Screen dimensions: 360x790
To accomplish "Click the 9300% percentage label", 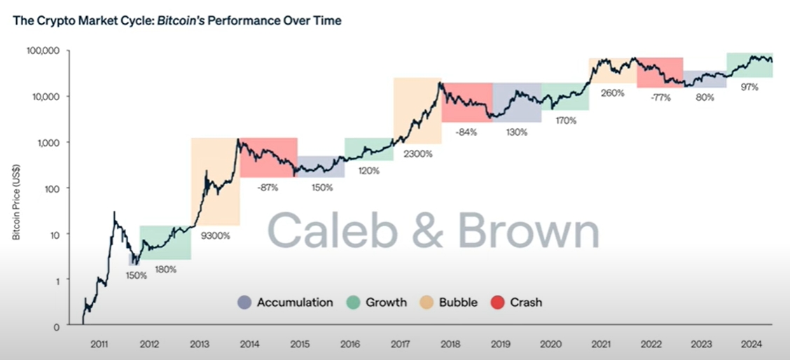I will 216,235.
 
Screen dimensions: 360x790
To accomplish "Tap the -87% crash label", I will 268,187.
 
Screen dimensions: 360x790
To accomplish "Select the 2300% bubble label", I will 418,153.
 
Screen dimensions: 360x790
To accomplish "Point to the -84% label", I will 466,132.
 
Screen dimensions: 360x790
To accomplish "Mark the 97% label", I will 749,87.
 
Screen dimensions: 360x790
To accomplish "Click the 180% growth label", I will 166,269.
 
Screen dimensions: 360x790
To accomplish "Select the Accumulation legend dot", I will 244,303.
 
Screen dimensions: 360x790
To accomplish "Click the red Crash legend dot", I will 497,303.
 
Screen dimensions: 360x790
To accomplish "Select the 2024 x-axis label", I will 749,344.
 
